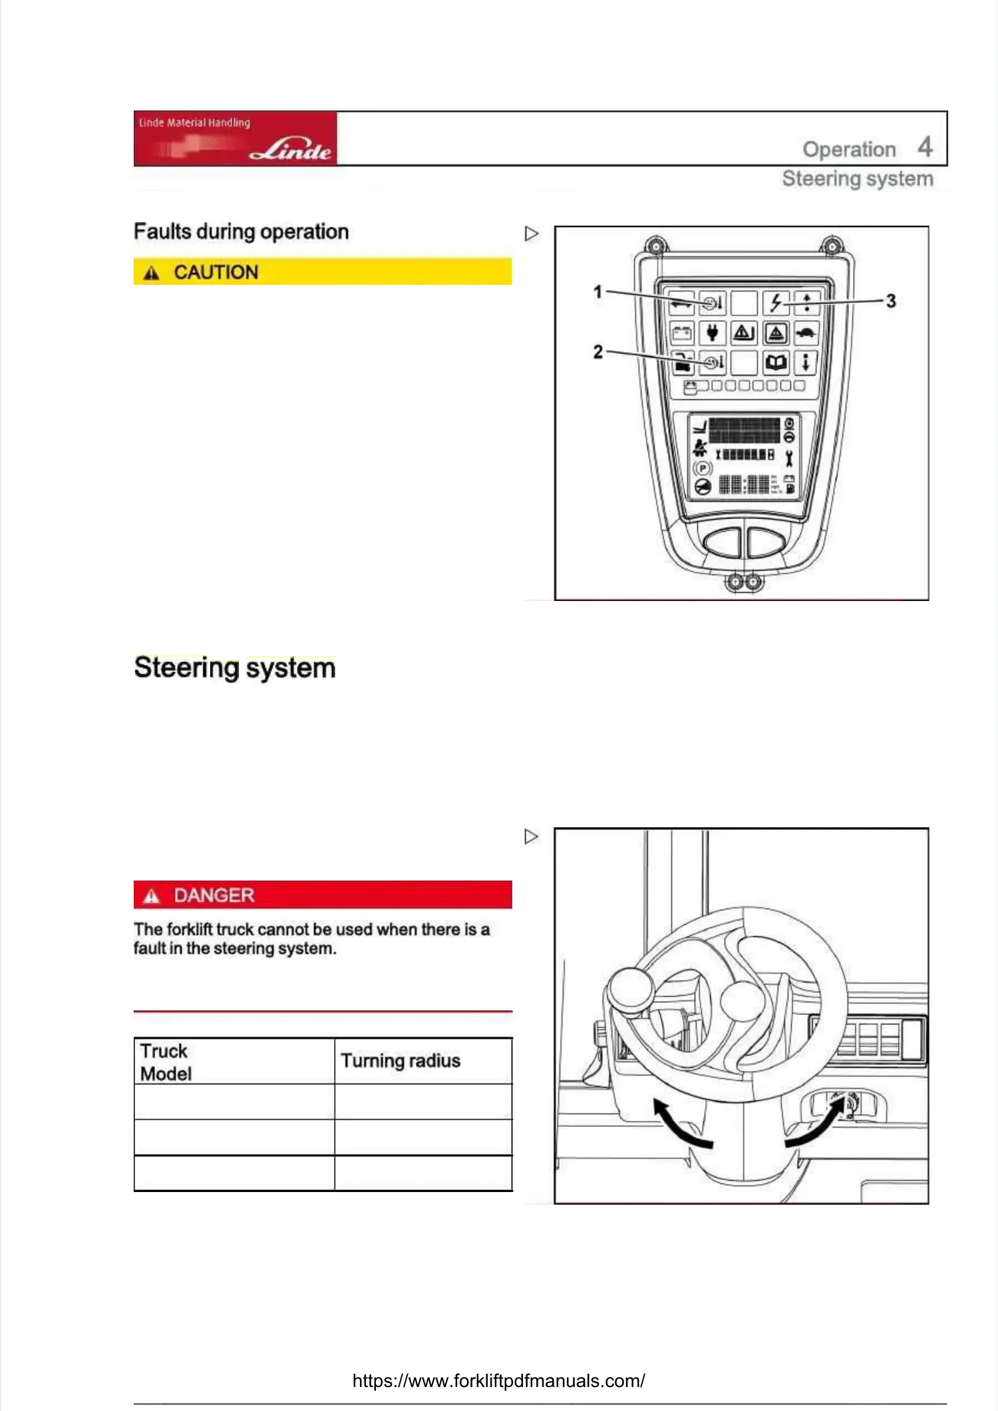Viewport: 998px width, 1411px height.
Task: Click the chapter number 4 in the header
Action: click(925, 146)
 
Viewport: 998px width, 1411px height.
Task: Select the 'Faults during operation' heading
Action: click(241, 232)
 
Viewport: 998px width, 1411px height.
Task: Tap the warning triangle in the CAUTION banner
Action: click(152, 273)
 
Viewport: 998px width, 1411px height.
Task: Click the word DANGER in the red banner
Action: click(214, 895)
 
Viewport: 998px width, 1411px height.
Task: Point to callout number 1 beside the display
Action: click(597, 292)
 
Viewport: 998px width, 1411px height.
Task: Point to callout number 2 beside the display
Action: click(597, 351)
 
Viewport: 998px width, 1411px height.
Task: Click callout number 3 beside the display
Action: click(891, 301)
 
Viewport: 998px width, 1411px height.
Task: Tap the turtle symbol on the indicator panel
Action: click(806, 332)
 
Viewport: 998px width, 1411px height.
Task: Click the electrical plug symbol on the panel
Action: click(712, 332)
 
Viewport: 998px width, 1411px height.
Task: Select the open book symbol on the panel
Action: click(776, 363)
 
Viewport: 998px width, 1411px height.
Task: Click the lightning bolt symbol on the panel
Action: click(776, 303)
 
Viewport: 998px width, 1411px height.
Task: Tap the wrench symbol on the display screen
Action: click(789, 458)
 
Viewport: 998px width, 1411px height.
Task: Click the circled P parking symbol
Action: click(703, 468)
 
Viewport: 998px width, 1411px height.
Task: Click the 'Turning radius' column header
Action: click(401, 1061)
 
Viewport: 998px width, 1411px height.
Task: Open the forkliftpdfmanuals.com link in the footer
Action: click(498, 1380)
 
